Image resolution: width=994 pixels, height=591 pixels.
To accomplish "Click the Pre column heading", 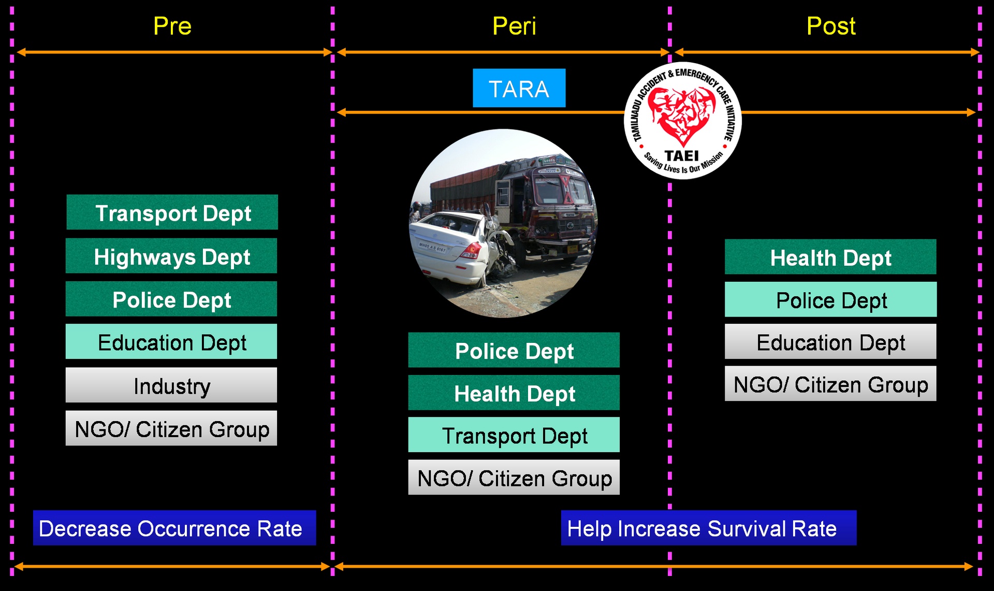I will (172, 26).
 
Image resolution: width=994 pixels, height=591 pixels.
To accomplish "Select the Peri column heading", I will (514, 26).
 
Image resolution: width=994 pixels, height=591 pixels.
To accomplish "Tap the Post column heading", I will (831, 26).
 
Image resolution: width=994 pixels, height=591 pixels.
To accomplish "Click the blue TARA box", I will (519, 88).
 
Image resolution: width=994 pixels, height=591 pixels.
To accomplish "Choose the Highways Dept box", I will (171, 256).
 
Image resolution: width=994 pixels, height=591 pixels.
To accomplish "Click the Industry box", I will (171, 385).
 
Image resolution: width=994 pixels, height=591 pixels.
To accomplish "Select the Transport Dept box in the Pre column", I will (172, 212).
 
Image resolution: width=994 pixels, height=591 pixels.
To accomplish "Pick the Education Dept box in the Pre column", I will (171, 342).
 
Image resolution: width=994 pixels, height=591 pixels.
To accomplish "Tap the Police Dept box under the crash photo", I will (514, 350).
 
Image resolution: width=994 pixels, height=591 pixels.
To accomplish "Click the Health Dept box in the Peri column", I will (514, 393).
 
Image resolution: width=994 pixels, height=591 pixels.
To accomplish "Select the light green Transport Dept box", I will (514, 435).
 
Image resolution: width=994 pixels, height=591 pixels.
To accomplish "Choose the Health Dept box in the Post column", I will (830, 257).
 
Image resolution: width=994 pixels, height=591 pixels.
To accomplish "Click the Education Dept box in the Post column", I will (830, 342).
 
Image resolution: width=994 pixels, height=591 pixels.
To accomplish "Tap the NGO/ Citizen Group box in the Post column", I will (830, 384).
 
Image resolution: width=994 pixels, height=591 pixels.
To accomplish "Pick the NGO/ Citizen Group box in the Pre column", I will (171, 428).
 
